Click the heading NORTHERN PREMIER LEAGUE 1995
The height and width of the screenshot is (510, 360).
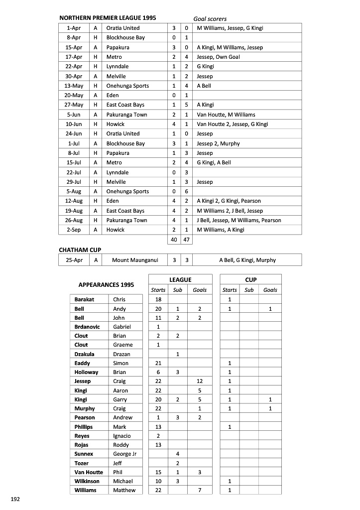[x=108, y=18]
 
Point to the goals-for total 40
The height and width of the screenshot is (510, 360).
[x=174, y=240]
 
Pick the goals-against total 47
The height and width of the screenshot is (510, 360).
[x=186, y=240]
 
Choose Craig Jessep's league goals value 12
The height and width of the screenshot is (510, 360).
[x=199, y=381]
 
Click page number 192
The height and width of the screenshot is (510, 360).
[x=15, y=498]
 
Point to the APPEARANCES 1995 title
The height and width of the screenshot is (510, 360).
[x=106, y=285]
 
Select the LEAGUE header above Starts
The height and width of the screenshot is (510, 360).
[x=180, y=280]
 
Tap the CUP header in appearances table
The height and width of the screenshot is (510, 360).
[x=251, y=280]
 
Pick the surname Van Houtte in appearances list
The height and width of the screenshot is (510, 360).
[x=89, y=472]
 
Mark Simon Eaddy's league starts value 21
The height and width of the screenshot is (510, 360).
[x=158, y=363]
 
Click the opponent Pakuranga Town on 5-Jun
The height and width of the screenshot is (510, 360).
[x=126, y=115]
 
